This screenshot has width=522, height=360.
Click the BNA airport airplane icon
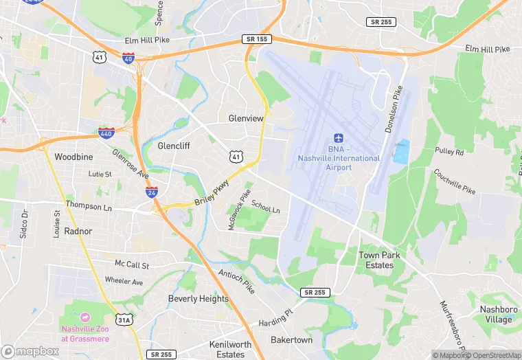click(338, 139)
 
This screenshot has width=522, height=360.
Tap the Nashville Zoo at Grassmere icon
click(84, 317)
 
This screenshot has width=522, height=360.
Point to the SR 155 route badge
click(253, 40)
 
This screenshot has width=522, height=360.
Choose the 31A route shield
click(124, 319)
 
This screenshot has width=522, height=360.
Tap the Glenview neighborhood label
click(246, 118)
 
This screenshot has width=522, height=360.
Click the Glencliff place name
click(174, 146)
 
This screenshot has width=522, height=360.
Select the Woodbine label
click(73, 157)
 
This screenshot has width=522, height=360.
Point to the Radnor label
click(78, 232)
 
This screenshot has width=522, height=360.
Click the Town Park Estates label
click(379, 260)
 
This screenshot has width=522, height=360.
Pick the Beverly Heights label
click(198, 299)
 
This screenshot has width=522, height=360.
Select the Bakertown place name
click(291, 340)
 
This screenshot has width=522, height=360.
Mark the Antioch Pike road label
click(236, 280)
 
